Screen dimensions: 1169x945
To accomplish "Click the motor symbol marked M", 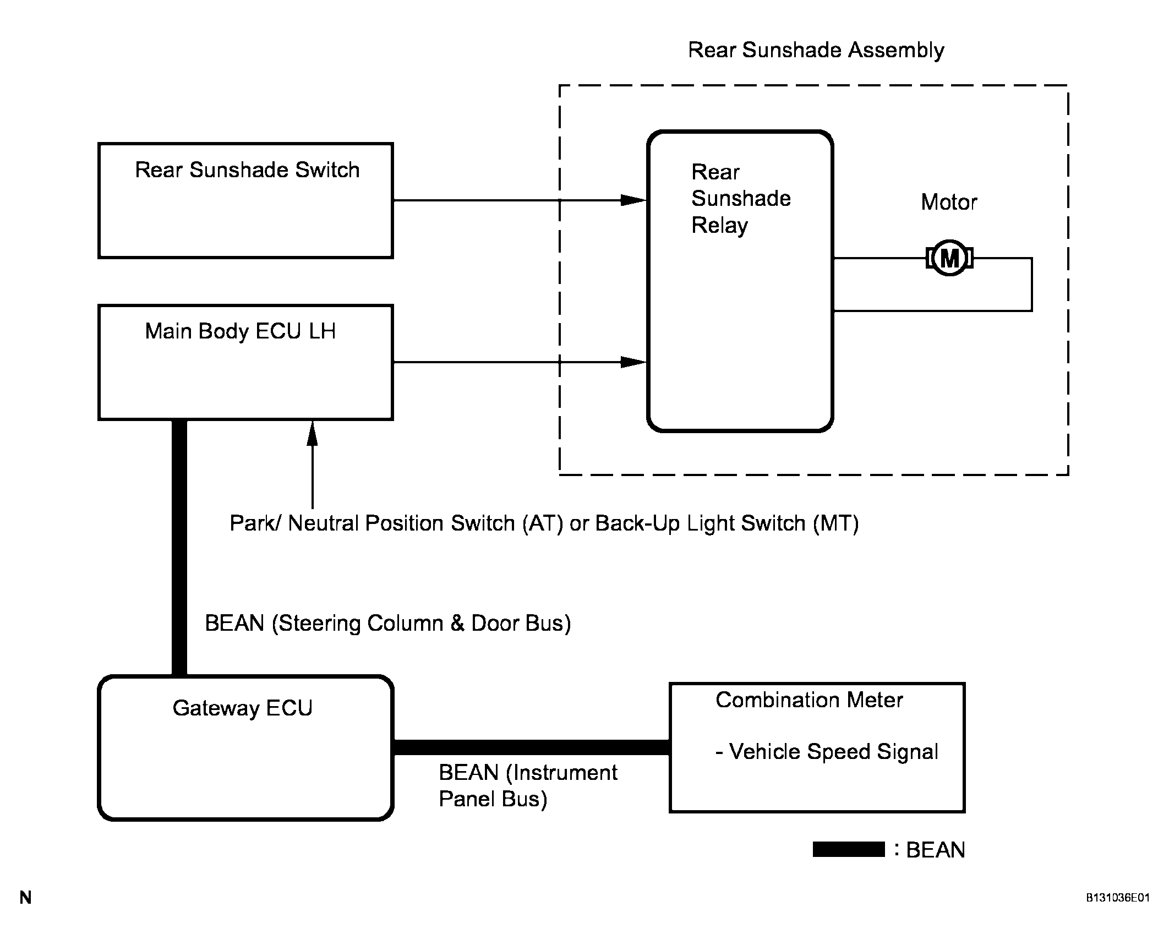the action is pos(949,258).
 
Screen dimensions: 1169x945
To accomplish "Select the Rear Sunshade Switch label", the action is pos(247,170).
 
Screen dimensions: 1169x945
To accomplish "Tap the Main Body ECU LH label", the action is pos(240,331).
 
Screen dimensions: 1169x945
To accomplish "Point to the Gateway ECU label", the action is pos(242,708).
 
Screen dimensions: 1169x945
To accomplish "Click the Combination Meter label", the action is pos(809,700).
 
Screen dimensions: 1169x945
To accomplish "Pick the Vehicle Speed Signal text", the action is pos(827,752).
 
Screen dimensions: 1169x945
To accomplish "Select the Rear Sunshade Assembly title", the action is pos(816,50).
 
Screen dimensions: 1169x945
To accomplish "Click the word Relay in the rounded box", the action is pos(719,226).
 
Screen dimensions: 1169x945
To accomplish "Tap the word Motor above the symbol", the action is pos(949,202).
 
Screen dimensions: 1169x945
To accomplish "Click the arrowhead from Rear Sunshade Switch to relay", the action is pos(633,200).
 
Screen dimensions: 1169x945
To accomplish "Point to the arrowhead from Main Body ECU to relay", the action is pos(633,362).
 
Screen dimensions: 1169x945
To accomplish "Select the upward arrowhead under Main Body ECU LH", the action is pos(313,433).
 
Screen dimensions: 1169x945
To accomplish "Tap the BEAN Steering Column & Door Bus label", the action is pos(388,624).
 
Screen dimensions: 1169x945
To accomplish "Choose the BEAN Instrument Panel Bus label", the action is pos(528,786).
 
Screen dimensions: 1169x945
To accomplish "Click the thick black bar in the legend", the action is pos(849,849).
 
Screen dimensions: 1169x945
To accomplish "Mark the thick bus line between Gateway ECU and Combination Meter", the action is pos(532,747).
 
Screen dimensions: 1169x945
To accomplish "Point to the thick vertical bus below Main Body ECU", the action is pos(179,548).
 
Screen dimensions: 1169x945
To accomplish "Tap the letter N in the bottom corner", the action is pos(25,898).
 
